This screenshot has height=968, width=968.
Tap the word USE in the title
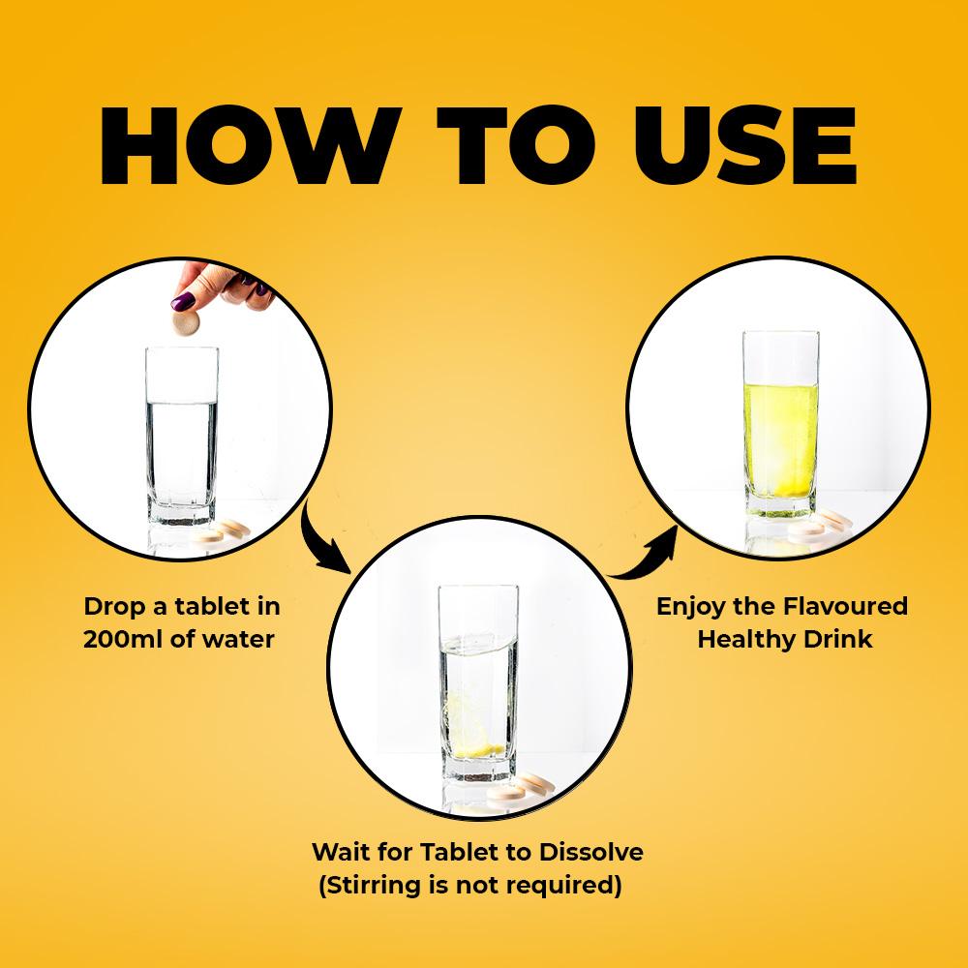click(x=743, y=146)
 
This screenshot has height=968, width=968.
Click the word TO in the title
click(x=516, y=146)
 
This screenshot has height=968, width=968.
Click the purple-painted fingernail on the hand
click(x=183, y=302)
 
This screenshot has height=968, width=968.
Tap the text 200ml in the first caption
click(x=123, y=639)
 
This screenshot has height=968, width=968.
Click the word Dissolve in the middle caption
click(x=590, y=852)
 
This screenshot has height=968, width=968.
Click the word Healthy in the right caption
click(x=737, y=639)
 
